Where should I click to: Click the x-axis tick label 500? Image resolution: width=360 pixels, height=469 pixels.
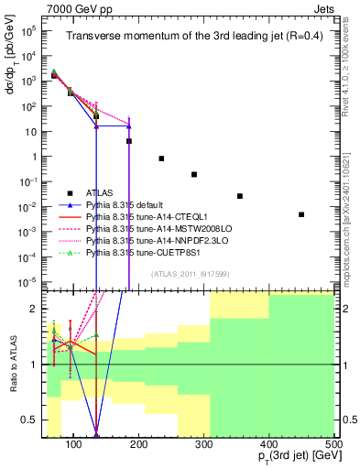[334, 446]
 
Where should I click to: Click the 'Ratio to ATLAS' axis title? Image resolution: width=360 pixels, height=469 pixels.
[11, 365]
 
